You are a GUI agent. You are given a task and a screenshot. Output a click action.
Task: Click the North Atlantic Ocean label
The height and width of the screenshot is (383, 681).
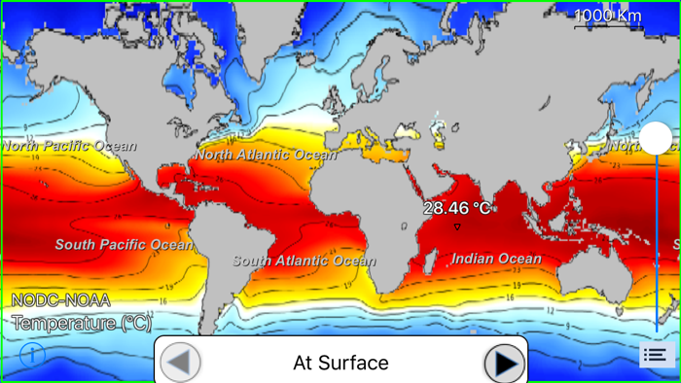coord(266,155)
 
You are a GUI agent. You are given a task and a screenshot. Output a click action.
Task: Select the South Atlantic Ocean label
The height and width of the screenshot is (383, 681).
coord(303,261)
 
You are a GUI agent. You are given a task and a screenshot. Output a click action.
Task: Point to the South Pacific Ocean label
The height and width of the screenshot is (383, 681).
coord(124,245)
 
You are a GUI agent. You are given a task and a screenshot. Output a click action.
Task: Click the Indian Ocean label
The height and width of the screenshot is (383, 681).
coord(496,259)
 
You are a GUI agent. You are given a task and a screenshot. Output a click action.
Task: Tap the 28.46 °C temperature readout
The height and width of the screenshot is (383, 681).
coord(457,208)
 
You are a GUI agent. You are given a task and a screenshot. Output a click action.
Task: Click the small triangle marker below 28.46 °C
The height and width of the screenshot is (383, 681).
coord(457,227)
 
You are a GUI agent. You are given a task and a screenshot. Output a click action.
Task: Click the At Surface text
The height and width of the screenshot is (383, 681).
coord(340,363)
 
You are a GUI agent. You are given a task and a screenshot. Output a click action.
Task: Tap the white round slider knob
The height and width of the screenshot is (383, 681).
coord(656,138)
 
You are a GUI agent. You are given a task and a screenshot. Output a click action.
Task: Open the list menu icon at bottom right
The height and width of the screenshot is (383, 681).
coord(655,356)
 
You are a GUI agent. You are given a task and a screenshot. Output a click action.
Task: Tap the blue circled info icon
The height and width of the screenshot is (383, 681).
coord(32,353)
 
